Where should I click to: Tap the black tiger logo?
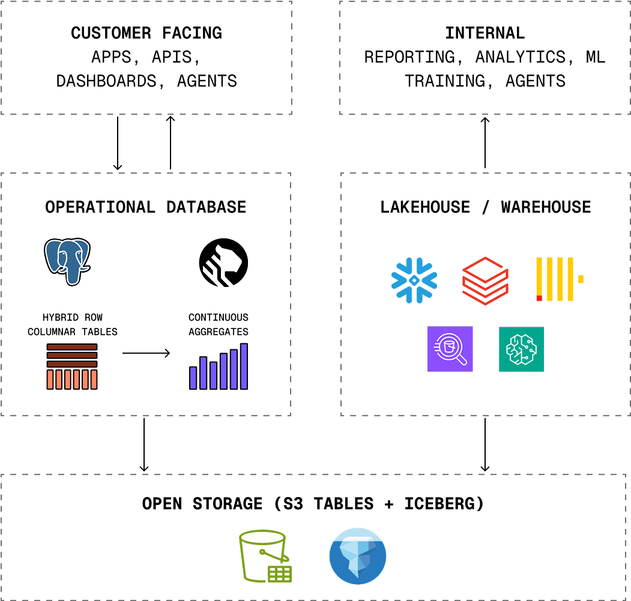coord(223,262)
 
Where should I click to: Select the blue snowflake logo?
coord(414,280)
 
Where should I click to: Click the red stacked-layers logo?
coord(485,280)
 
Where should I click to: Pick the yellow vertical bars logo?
coord(558,279)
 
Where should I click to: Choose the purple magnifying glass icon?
coord(450,349)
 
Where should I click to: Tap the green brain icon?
coord(521,349)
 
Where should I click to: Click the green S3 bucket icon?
coord(264,556)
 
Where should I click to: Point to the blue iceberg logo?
coord(358,556)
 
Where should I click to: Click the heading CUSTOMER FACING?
coord(146,33)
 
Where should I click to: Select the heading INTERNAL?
coord(485,33)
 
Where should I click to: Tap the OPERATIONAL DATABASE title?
coord(146,207)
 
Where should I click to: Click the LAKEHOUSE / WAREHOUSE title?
coord(485,207)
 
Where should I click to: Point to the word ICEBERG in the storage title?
coord(444,504)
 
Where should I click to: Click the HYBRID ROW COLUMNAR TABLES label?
coord(72,324)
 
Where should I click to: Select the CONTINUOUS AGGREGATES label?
coord(218,324)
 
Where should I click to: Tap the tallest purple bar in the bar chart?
coord(244,366)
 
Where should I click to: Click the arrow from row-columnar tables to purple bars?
coord(146,353)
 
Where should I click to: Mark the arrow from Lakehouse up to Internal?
coord(485,143)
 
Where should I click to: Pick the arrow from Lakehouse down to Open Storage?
coord(485,444)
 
